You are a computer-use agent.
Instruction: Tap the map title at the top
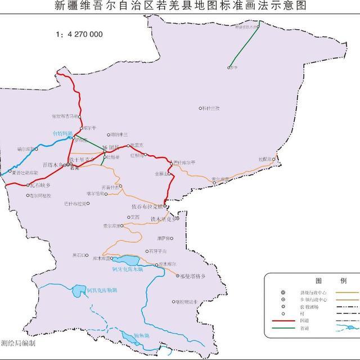[x=179, y=6]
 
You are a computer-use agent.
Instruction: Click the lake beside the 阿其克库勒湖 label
[x=77, y=291]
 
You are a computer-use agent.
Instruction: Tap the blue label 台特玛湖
[x=63, y=133]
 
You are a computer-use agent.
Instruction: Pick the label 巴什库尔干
[x=184, y=163]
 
